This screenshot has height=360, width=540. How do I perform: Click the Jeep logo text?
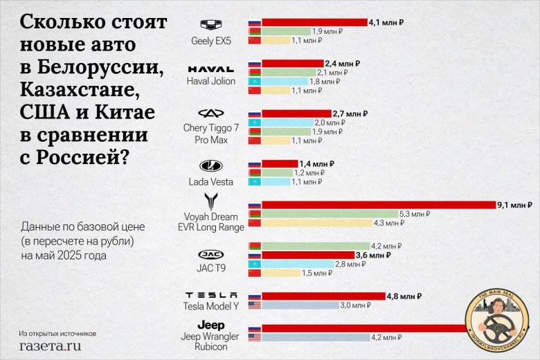(x=211, y=325)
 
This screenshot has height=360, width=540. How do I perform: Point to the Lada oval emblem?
(x=211, y=166)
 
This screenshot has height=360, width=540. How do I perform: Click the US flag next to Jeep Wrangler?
(x=255, y=337)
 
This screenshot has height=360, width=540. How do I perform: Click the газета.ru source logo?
(x=51, y=344)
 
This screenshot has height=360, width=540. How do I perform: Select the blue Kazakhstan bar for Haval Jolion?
(x=284, y=82)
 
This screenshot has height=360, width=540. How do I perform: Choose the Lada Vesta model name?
(x=211, y=182)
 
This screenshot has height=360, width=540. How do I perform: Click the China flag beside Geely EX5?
(x=255, y=40)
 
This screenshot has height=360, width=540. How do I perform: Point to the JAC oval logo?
(x=211, y=254)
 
